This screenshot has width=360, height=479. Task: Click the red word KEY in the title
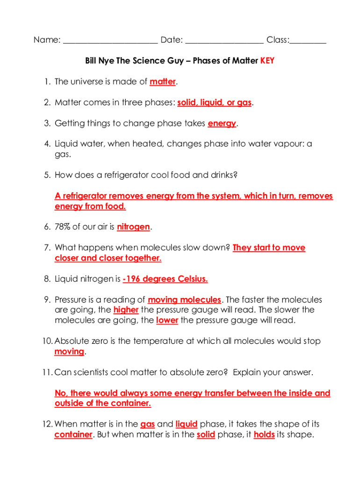click(267, 61)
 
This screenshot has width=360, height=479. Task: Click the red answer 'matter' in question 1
click(162, 82)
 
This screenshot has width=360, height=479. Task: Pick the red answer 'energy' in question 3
click(222, 123)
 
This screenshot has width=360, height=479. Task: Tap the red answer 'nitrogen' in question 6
click(133, 227)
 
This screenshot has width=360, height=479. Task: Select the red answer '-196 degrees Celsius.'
click(165, 279)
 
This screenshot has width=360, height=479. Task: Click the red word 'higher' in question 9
click(126, 310)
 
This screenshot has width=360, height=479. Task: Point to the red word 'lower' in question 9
click(167, 320)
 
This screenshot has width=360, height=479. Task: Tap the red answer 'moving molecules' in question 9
click(184, 299)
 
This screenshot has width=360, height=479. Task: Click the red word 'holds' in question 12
click(264, 435)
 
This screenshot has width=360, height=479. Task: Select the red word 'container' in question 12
click(73, 435)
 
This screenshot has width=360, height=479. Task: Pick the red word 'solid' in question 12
click(206, 435)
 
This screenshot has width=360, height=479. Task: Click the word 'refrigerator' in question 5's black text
click(125, 175)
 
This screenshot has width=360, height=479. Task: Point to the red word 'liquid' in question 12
click(187, 424)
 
